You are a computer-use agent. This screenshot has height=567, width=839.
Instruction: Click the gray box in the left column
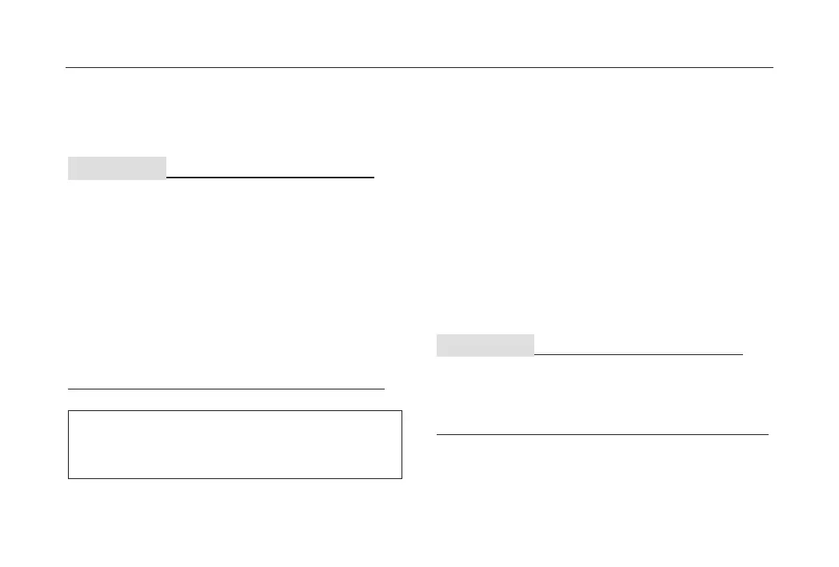(117, 168)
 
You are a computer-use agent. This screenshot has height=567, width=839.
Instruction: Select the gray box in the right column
(485, 345)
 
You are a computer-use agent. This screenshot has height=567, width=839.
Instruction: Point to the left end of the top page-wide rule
(66, 68)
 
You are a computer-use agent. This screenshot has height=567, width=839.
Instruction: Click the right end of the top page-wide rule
(773, 68)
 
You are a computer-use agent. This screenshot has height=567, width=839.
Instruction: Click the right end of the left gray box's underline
(374, 177)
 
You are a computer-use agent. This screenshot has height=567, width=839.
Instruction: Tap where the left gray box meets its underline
(166, 177)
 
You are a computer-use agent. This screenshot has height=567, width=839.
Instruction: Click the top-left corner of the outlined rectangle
(69, 411)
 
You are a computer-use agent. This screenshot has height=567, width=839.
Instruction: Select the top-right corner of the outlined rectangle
(401, 411)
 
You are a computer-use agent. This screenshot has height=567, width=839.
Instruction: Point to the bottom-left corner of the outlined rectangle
(69, 478)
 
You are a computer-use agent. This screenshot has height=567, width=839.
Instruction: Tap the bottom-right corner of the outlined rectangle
(401, 478)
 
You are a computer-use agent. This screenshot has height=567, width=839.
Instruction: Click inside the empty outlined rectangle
(234, 445)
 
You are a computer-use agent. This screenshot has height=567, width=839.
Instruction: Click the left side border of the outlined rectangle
(69, 445)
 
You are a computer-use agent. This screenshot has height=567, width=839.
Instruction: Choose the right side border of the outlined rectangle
(401, 445)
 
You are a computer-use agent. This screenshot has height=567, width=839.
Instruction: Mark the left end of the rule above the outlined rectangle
(68, 388)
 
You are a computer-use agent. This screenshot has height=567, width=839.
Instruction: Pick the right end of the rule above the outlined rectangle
(385, 388)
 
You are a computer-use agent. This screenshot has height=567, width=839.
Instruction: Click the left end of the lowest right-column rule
(437, 434)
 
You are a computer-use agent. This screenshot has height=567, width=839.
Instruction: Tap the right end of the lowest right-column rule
(768, 434)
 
